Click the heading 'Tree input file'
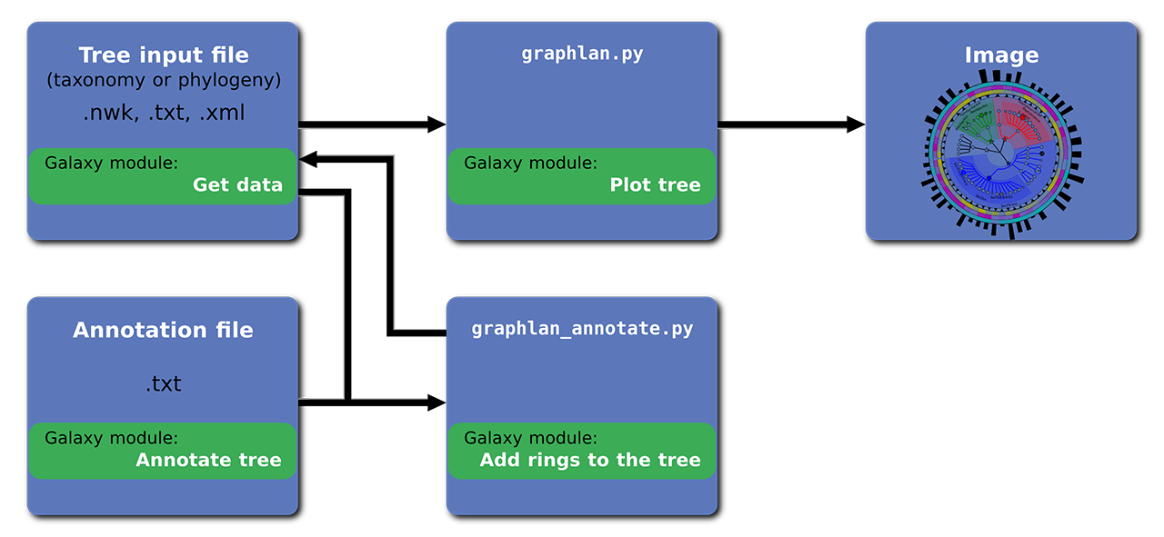[x=164, y=55]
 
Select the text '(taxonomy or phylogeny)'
[x=164, y=81]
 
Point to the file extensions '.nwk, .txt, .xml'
[x=164, y=114]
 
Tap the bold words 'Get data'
[x=237, y=185]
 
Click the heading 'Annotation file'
[x=163, y=330]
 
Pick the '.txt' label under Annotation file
[x=164, y=384]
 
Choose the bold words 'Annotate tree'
[x=209, y=460]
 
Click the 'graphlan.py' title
[x=582, y=54]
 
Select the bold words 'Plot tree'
[x=655, y=185]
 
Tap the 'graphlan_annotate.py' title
[x=582, y=329]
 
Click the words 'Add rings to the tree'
[x=590, y=460]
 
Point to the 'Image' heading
[x=1001, y=55]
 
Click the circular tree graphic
[x=1001, y=154]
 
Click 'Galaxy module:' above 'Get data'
[x=112, y=163]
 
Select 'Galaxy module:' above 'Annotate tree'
[x=112, y=437]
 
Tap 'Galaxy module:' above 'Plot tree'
[x=531, y=163]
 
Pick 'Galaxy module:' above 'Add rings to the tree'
[x=531, y=437]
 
